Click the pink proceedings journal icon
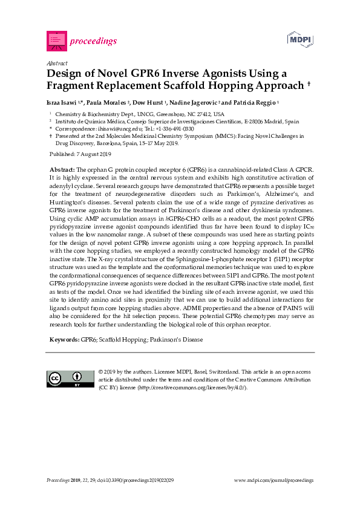click(56, 41)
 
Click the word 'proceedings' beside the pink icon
click(93, 41)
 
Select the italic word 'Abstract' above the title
click(56, 63)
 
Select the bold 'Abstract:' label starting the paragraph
click(62, 169)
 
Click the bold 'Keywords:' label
click(64, 340)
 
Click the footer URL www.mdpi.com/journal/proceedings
click(273, 480)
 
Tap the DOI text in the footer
click(139, 480)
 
